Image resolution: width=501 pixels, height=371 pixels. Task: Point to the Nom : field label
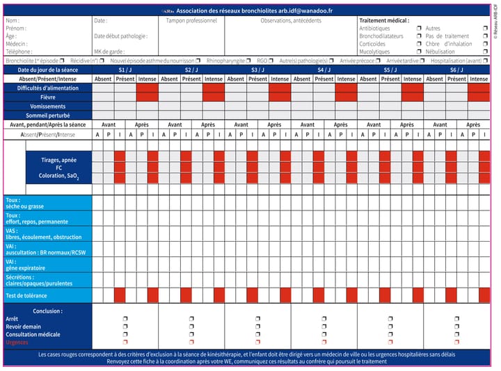point(13,21)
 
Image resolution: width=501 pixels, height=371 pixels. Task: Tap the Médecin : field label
point(15,44)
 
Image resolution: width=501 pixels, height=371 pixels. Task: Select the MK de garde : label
point(110,51)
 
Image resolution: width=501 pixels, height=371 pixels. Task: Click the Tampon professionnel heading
point(191,21)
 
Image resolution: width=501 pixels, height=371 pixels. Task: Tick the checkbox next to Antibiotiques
point(419,28)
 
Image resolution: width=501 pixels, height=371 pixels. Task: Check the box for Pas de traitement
point(485,36)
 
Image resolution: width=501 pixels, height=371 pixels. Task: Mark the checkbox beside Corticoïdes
point(419,44)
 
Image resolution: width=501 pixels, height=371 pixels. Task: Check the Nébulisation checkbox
point(485,51)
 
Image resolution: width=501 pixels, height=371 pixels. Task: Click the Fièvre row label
point(47,97)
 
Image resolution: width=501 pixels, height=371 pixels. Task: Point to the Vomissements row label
point(47,106)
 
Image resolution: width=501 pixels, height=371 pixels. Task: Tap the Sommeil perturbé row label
point(47,115)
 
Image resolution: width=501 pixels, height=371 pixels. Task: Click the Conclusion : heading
point(47,311)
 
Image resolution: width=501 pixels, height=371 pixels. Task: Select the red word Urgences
point(17,342)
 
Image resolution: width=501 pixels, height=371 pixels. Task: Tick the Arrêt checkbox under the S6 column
point(456,319)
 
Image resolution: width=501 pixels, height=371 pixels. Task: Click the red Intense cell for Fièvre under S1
point(148,97)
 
